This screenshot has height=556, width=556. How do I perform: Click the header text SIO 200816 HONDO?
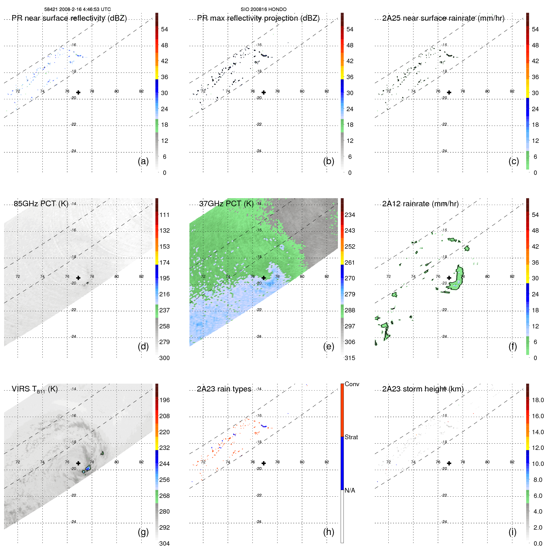[263, 9]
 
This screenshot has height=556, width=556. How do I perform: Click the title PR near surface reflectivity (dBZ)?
[69, 18]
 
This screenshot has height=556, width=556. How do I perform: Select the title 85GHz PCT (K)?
[41, 203]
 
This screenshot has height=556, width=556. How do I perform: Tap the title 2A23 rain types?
[224, 389]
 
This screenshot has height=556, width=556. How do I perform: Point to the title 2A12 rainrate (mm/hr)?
[420, 204]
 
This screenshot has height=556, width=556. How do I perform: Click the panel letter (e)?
[328, 346]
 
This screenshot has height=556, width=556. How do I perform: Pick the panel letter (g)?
[143, 532]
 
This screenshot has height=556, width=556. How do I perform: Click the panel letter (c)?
[514, 161]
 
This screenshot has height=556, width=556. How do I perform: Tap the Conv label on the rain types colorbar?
[352, 384]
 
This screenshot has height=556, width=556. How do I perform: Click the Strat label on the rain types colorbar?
[351, 437]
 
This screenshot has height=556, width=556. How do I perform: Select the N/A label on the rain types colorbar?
[350, 490]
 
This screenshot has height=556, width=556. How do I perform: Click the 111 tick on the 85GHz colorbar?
[165, 215]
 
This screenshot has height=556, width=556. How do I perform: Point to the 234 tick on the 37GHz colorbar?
[350, 215]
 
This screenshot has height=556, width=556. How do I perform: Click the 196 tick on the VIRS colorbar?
[165, 400]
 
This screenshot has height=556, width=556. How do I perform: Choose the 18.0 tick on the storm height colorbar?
[538, 400]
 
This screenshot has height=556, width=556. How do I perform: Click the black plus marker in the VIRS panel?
[78, 463]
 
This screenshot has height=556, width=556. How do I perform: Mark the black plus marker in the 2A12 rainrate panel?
[449, 278]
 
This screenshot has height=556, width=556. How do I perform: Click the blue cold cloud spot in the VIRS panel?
[88, 468]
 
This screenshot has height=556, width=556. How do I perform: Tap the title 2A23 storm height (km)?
[423, 389]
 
